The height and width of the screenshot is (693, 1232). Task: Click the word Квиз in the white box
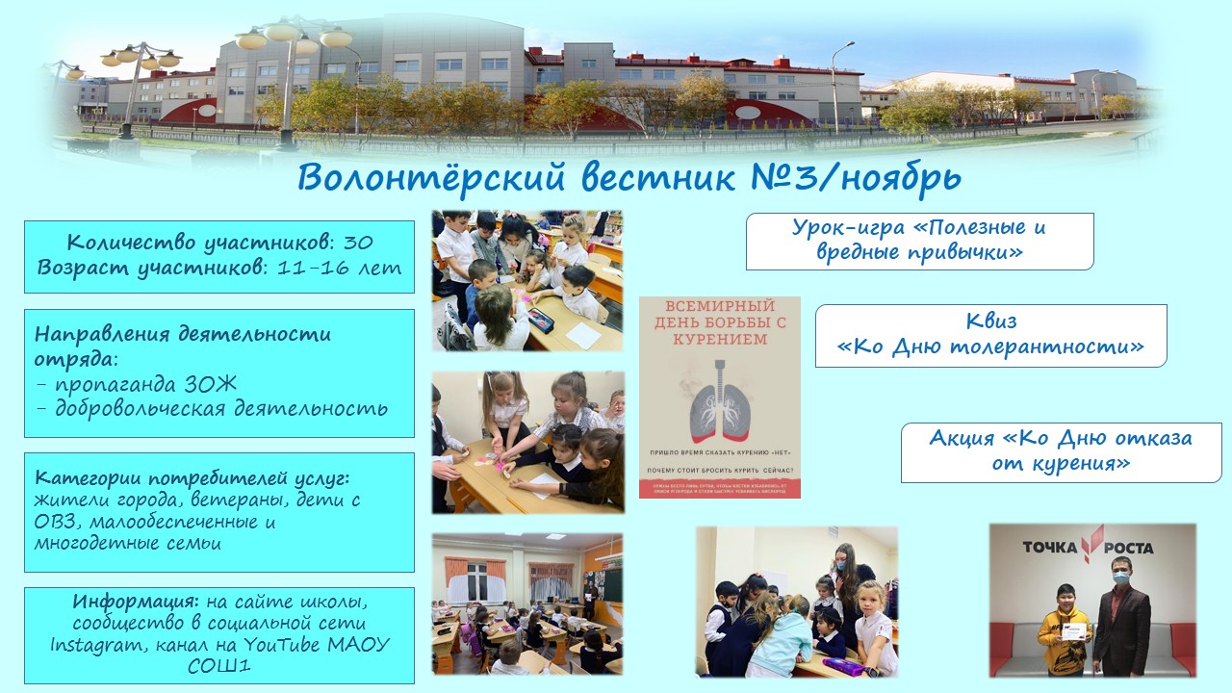click(x=990, y=321)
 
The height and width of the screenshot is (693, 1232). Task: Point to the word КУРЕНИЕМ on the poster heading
click(x=720, y=339)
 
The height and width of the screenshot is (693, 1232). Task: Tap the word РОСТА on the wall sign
click(x=1127, y=548)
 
